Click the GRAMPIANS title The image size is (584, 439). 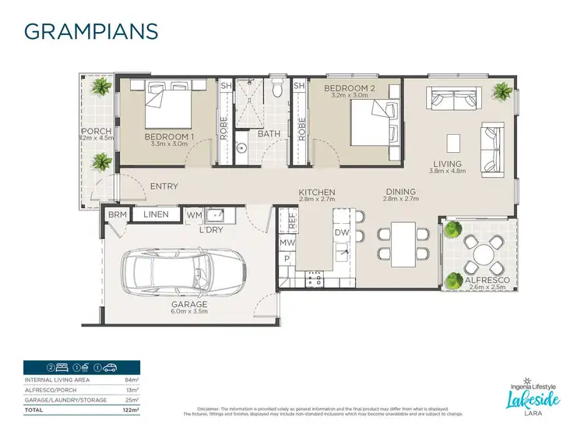coord(92,30)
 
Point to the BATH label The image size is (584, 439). coord(269,133)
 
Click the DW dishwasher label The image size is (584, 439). coord(342,232)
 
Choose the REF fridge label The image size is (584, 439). coord(293,221)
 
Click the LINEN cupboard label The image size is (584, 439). coord(156,214)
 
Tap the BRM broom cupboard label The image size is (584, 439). coord(118,214)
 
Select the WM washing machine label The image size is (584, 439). coord(194,214)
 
